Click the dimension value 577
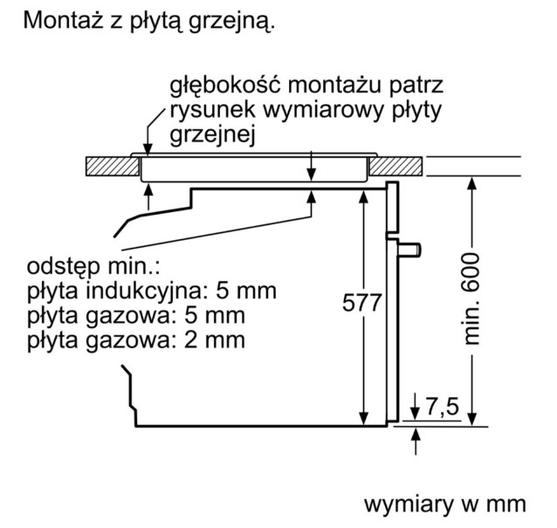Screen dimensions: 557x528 click(x=361, y=303)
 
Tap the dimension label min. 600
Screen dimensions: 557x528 click(x=471, y=298)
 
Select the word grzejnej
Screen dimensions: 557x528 click(x=212, y=135)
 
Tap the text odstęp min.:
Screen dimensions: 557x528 click(x=93, y=267)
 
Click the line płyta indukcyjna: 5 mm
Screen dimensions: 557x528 click(x=152, y=291)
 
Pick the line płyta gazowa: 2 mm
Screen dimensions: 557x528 click(x=136, y=340)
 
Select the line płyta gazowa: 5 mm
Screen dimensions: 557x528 click(x=136, y=316)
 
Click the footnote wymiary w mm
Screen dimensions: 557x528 click(x=444, y=504)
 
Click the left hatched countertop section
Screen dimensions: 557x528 click(x=113, y=166)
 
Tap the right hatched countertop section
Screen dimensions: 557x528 click(x=395, y=166)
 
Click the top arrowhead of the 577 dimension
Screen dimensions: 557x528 click(x=363, y=196)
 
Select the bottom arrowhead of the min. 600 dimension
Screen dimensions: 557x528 click(x=471, y=418)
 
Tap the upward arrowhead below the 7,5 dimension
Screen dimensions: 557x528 click(x=416, y=435)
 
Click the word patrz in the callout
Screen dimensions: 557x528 click(x=416, y=86)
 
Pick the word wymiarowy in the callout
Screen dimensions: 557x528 click(x=323, y=111)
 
